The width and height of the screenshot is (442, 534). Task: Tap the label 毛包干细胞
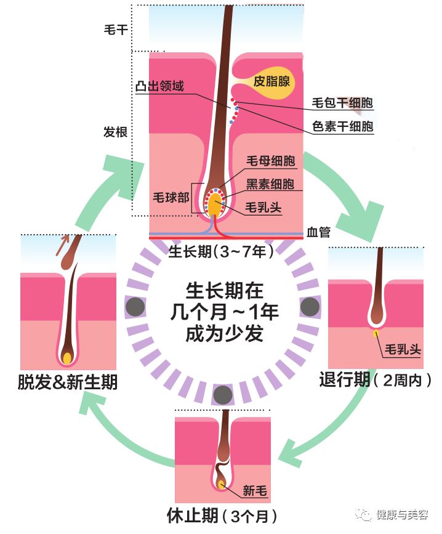343,103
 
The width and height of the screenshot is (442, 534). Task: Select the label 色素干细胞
343,126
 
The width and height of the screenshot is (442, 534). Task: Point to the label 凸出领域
159,86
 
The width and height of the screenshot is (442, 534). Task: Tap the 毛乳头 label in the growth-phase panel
263,207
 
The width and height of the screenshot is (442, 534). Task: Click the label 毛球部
170,198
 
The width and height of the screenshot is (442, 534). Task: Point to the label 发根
116,132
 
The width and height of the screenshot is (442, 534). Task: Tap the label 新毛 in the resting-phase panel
254,490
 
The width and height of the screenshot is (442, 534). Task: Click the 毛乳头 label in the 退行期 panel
403,349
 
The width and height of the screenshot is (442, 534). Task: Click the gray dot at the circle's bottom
222,394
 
